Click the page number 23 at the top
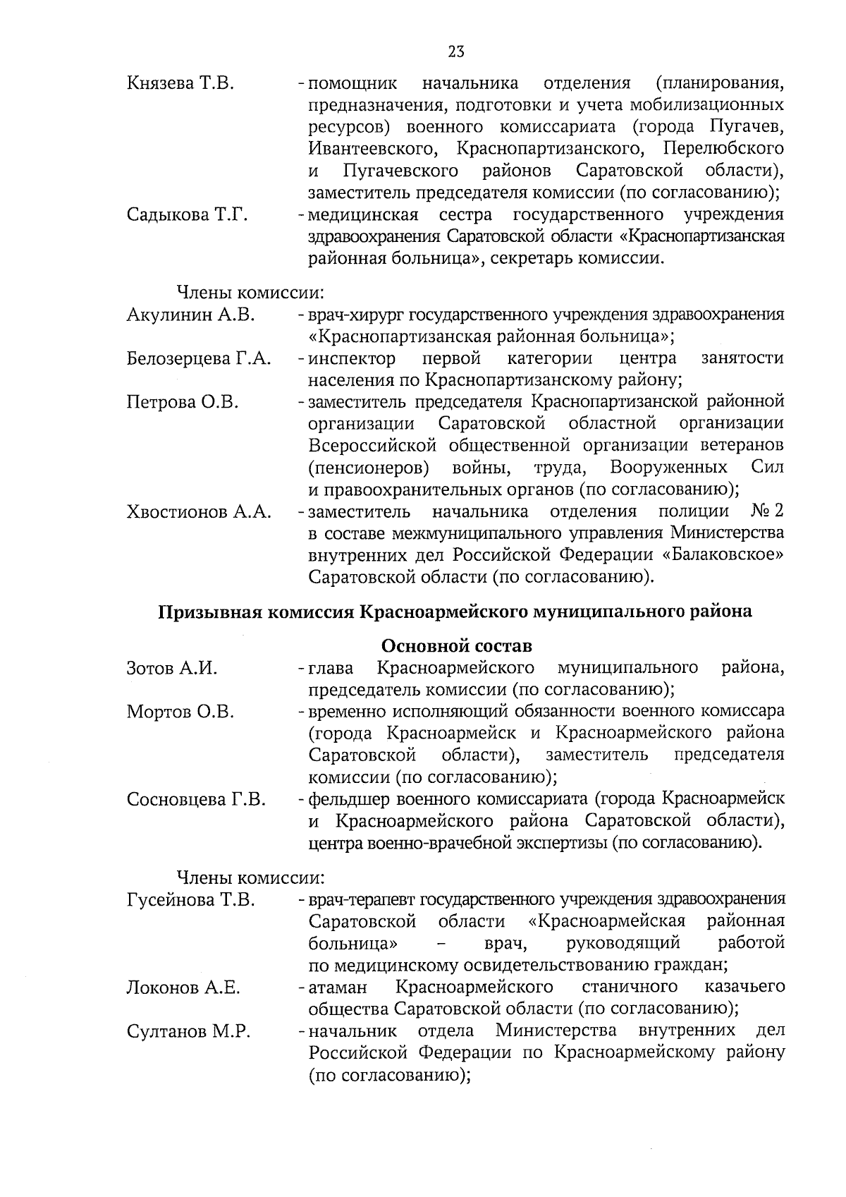click(x=455, y=51)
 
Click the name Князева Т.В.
click(x=180, y=83)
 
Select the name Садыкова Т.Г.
click(x=187, y=214)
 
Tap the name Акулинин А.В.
click(x=190, y=315)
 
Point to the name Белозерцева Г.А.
click(x=199, y=358)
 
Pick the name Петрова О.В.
click(x=183, y=402)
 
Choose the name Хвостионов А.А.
click(x=199, y=512)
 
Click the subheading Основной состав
click(x=456, y=645)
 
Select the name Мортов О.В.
click(x=180, y=712)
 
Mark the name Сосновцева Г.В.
click(x=196, y=800)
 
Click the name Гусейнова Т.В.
click(x=190, y=900)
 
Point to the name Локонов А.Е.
click(x=183, y=988)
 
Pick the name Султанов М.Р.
click(x=188, y=1032)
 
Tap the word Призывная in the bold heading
click(x=206, y=612)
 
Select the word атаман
click(x=337, y=987)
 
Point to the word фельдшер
click(x=348, y=799)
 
